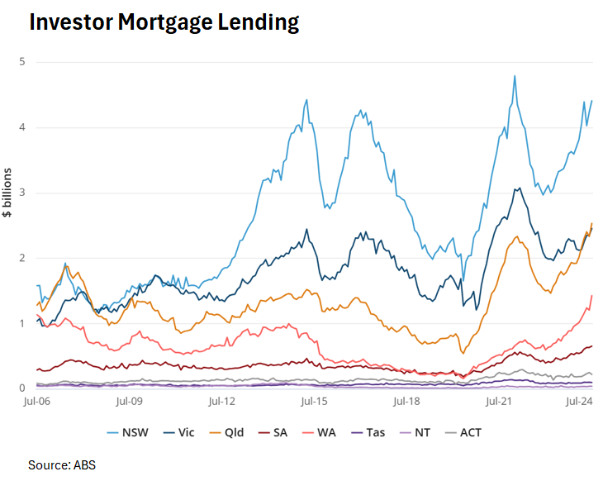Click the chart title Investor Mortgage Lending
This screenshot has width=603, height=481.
164,22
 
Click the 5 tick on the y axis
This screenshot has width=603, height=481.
22,62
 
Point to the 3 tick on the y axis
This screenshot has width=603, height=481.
22,193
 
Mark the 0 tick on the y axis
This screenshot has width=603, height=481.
22,388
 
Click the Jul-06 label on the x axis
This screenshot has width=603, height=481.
38,402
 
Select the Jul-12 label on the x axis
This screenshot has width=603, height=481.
222,402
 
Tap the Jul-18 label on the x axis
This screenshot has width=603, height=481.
407,402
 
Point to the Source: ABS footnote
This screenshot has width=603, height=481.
62,464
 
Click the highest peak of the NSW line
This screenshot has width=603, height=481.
515,76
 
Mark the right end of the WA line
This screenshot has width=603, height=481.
591,296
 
